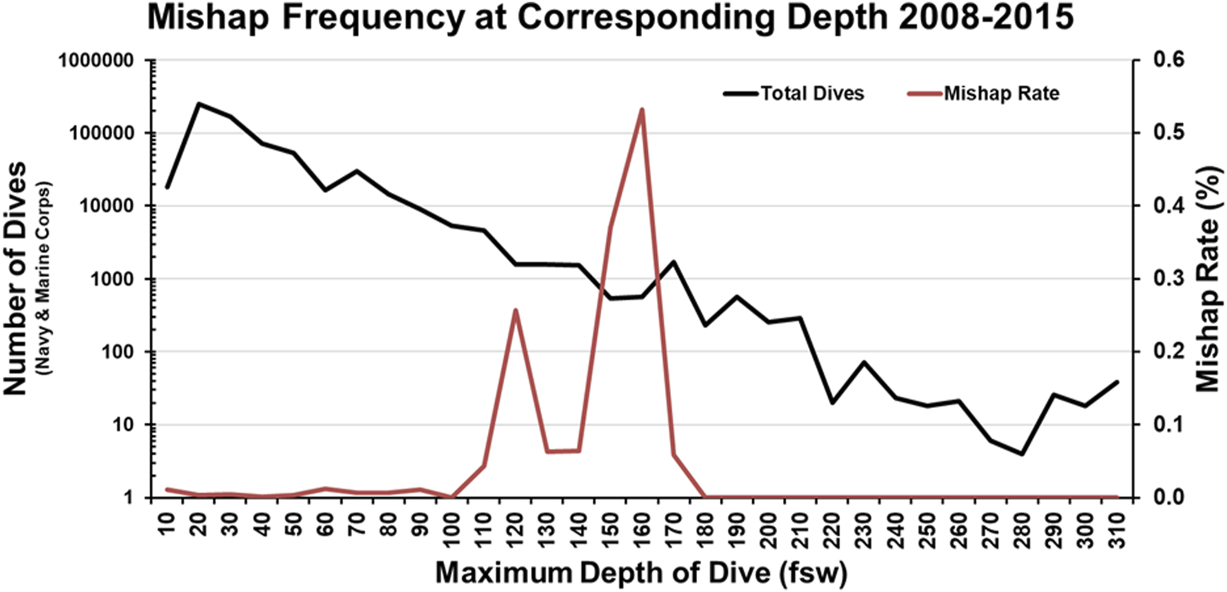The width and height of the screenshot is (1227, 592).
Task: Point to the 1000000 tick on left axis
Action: click(x=102, y=60)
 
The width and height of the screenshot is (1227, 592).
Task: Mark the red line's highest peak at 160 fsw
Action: click(x=641, y=109)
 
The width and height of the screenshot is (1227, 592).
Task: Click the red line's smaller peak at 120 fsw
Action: click(x=515, y=310)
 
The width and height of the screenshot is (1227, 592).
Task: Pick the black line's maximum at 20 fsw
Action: click(x=199, y=104)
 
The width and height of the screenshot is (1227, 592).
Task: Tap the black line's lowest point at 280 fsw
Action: click(x=1022, y=454)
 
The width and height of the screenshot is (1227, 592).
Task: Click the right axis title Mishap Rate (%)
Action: click(x=1208, y=278)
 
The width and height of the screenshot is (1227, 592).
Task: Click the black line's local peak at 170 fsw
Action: click(x=673, y=261)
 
